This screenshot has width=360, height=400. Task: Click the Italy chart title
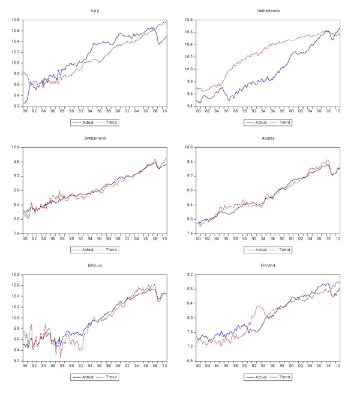coord(95,11)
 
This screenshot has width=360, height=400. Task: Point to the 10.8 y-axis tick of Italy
coord(16,20)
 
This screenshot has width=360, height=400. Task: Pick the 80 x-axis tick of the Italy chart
coord(25,111)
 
